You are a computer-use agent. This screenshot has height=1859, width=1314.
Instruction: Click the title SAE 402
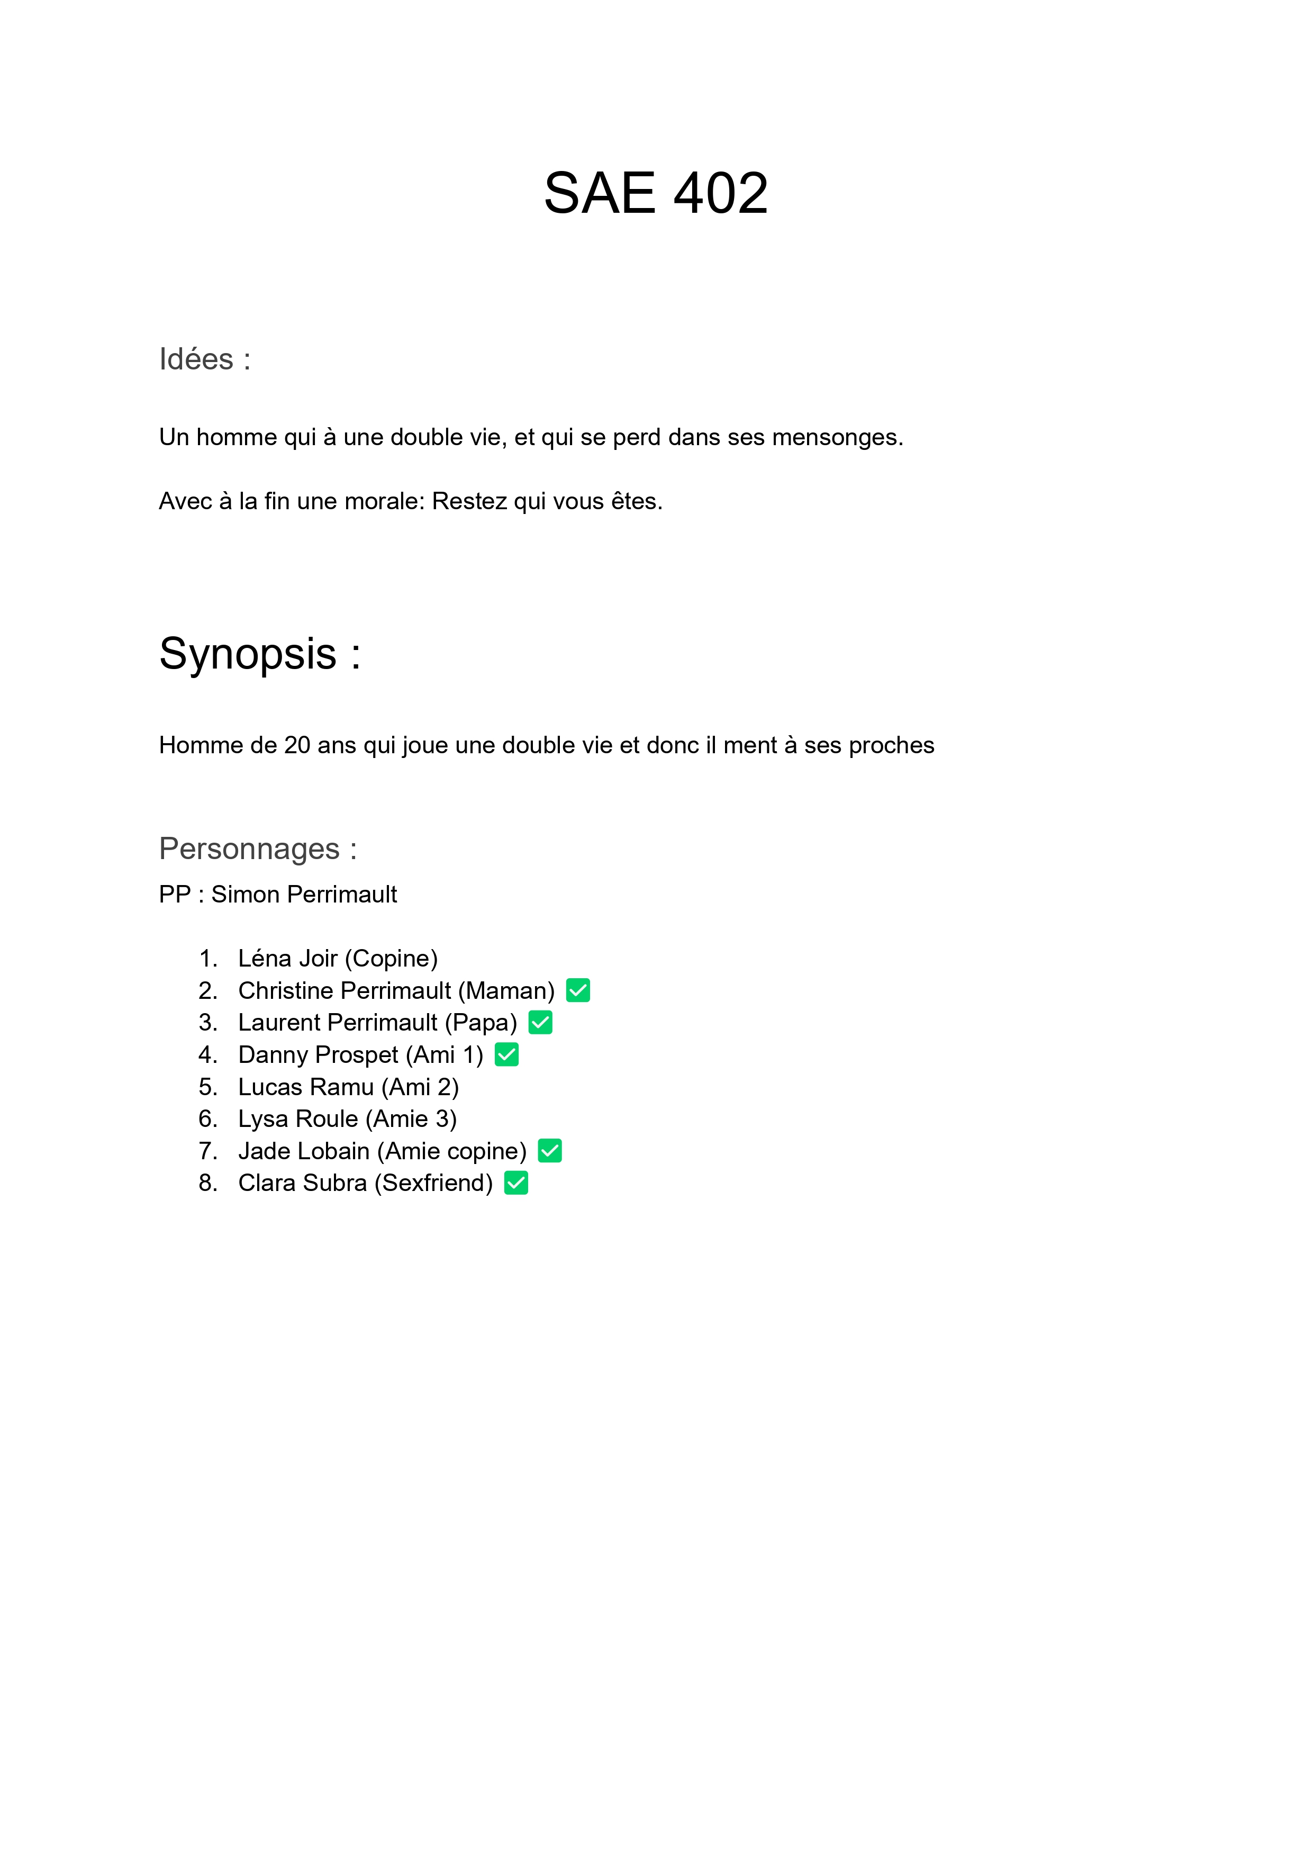(656, 194)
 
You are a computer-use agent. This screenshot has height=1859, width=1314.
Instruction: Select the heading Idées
(196, 359)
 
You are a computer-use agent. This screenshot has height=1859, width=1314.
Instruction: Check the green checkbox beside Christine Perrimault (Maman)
(578, 990)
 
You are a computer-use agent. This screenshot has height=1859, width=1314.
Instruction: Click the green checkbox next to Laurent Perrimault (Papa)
(540, 1023)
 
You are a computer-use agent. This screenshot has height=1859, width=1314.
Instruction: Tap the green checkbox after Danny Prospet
(507, 1054)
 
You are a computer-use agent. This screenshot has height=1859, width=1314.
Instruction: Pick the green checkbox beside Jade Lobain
(550, 1151)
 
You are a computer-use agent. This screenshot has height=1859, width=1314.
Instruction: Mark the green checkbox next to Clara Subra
(516, 1183)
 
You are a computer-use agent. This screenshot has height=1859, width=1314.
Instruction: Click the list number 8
(207, 1183)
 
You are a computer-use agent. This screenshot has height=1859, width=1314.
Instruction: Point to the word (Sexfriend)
(433, 1183)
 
